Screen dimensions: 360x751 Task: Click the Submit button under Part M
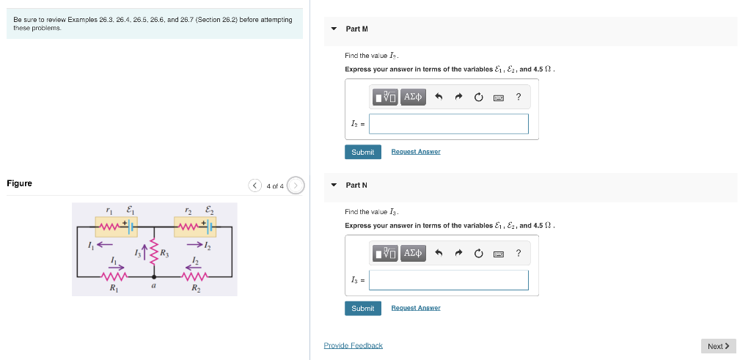click(362, 152)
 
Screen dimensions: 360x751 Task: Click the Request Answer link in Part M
click(415, 152)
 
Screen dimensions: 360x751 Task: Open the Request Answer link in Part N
click(415, 308)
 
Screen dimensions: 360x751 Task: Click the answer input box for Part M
click(448, 124)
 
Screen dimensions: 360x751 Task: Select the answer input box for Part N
click(448, 280)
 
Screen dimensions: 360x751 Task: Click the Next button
click(718, 346)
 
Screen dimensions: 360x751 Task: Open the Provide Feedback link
click(353, 345)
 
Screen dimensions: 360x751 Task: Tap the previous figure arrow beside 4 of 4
click(254, 185)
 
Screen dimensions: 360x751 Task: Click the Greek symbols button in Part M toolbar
click(414, 97)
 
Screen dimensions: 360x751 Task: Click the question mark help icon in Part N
click(519, 253)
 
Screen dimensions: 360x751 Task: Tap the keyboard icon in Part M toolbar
click(498, 97)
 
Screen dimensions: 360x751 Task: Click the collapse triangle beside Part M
click(334, 29)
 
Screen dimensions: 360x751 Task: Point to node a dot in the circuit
click(153, 277)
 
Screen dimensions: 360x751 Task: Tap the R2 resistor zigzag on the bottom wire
click(194, 276)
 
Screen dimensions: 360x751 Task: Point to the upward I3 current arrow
click(145, 253)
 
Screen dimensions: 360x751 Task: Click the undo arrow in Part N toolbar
click(439, 253)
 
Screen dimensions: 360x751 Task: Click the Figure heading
click(19, 183)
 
